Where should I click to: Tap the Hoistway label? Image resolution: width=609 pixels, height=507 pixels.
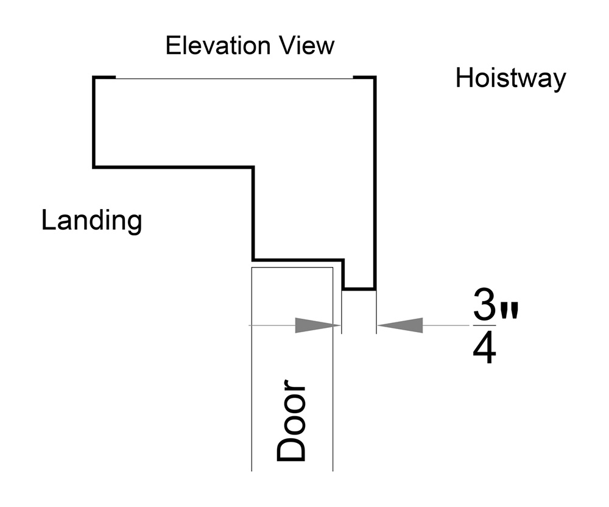pos(510,79)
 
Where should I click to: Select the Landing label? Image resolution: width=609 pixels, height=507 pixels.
pos(91,221)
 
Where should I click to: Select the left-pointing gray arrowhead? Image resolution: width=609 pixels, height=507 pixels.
pos(400,325)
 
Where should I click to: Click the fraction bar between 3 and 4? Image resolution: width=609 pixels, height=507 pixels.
pos(486,327)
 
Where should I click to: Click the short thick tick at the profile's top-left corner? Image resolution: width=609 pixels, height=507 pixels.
pos(104,77)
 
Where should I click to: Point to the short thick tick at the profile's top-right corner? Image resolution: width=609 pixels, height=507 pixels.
pos(364,77)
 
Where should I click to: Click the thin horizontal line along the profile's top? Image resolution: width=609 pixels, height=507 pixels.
pos(234,78)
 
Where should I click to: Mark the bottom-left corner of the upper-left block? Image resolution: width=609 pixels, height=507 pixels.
pos(94,166)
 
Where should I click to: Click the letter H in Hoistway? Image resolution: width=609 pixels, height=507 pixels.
pos(464,79)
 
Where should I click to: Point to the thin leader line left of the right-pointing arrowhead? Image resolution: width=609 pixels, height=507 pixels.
pos(272,325)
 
